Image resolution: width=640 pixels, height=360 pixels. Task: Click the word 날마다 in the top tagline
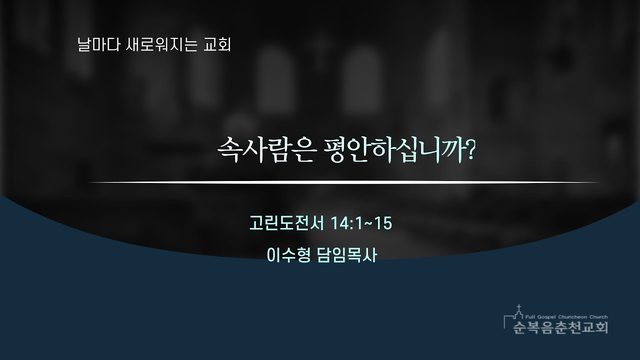93,44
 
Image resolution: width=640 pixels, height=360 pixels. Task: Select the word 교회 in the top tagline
218,44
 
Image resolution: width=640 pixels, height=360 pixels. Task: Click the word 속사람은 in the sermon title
267,150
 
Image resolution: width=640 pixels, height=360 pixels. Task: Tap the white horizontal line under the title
343,182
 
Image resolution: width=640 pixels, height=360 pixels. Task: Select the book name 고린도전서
287,223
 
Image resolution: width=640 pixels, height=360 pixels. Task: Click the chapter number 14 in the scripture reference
339,223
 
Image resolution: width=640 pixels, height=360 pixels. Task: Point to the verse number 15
383,223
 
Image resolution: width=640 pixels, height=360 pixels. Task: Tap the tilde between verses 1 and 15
368,224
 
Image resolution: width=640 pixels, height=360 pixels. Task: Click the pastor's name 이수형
288,255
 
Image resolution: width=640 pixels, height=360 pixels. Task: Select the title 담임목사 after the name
347,255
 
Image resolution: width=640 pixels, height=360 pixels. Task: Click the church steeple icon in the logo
519,312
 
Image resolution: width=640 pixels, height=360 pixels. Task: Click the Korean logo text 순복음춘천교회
560,327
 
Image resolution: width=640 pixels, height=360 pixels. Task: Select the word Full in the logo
530,317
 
